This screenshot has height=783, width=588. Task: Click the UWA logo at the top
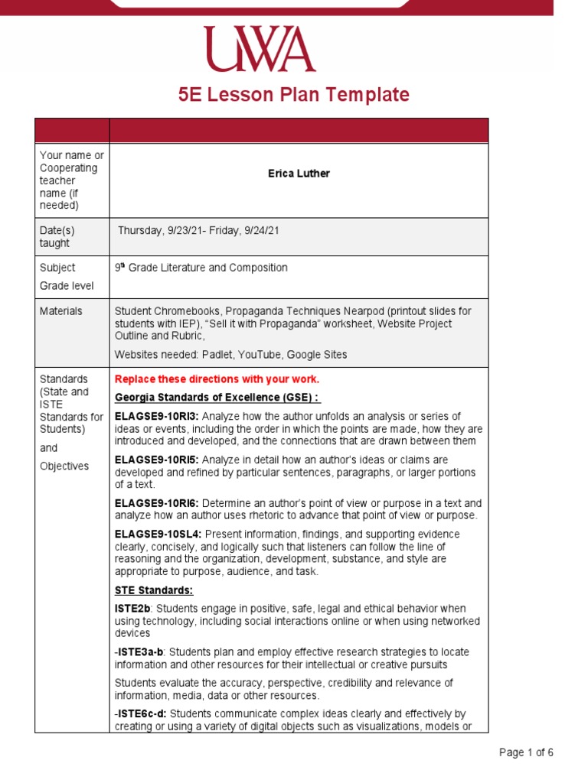[x=259, y=50]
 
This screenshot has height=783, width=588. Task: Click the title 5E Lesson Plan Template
[x=294, y=95]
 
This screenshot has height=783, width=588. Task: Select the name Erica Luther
[x=299, y=174]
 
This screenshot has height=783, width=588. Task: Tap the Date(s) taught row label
[x=57, y=237]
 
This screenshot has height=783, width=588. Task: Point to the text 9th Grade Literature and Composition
[x=201, y=268]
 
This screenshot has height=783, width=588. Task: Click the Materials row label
[x=61, y=311]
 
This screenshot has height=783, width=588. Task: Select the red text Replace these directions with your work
[x=217, y=379]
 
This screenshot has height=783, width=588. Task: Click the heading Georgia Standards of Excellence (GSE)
[x=217, y=398]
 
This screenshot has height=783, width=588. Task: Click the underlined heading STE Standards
[x=154, y=590]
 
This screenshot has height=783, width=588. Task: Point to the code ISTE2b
[x=132, y=609]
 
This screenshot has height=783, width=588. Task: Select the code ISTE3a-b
[x=141, y=652]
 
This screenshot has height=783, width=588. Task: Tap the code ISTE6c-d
[x=141, y=714]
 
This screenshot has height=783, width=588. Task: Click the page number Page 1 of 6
[x=526, y=752]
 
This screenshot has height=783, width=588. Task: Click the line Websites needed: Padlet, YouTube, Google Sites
[x=230, y=355]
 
